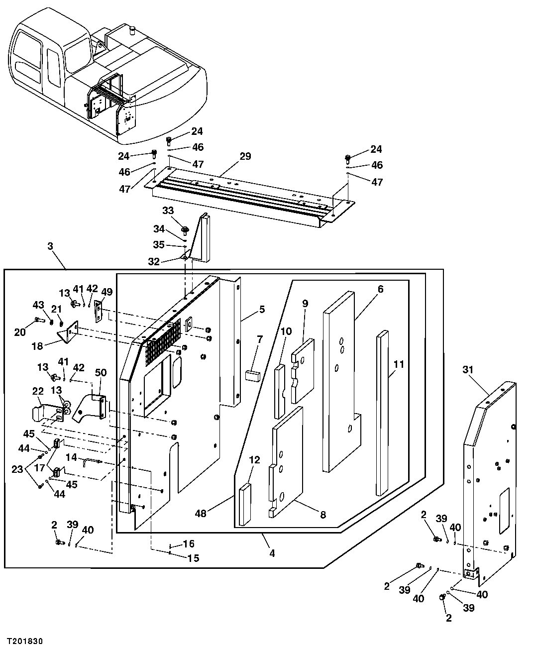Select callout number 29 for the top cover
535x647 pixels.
tap(245, 156)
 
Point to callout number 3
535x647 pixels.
tap(50, 246)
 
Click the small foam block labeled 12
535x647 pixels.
tap(245, 506)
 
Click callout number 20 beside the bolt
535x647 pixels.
tap(20, 332)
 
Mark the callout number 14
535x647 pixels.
tap(71, 457)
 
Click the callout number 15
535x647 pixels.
tap(193, 558)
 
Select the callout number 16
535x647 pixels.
tap(189, 544)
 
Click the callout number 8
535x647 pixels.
tap(323, 515)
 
